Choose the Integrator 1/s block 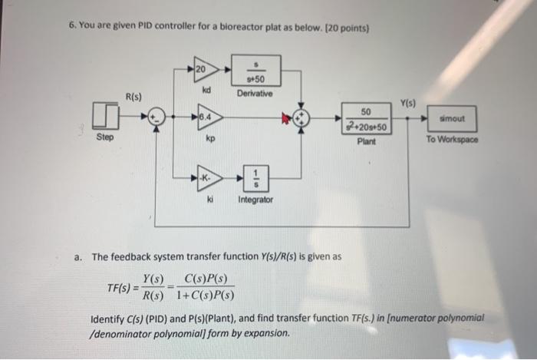click(255, 178)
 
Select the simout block click(452, 118)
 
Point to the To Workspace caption click(453, 140)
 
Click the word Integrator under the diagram click(255, 200)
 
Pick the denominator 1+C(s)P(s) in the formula click(205, 296)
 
